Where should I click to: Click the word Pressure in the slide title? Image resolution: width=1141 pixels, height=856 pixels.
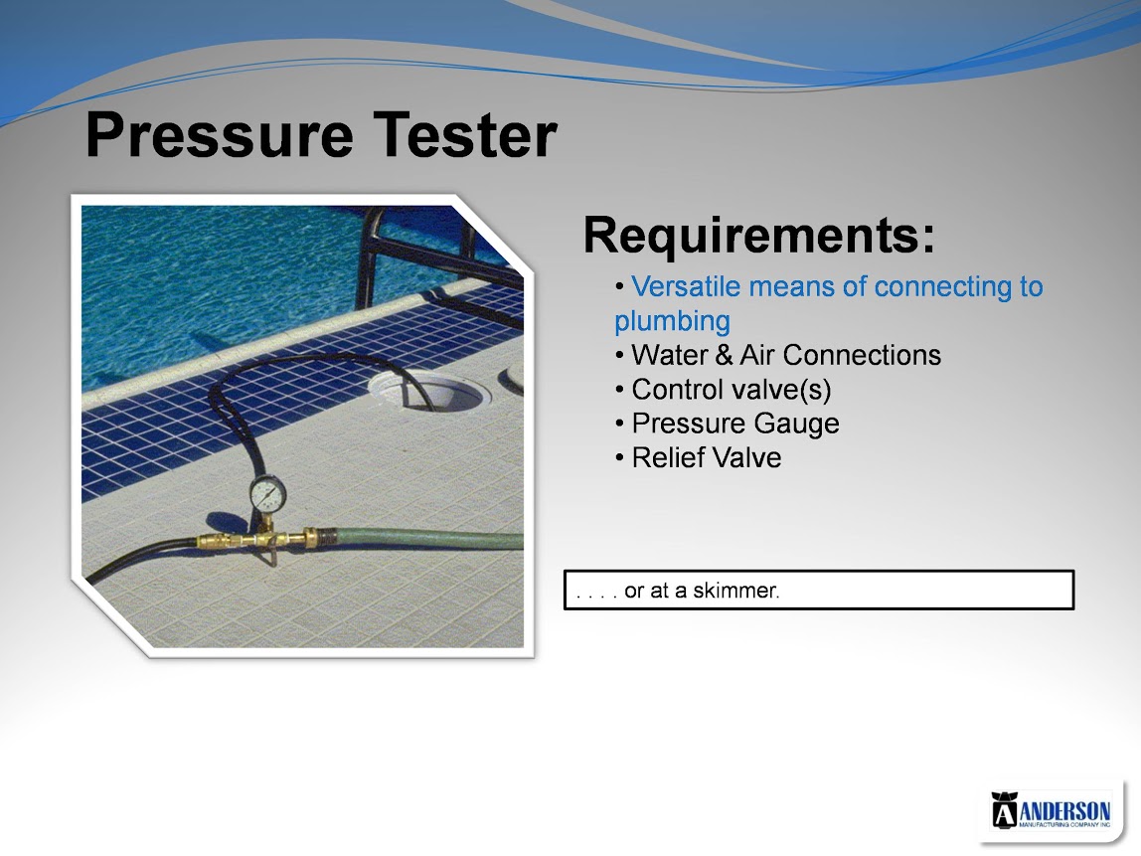click(x=220, y=135)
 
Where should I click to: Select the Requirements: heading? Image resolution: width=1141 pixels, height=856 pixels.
click(x=759, y=235)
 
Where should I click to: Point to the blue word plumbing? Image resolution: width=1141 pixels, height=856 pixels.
click(x=672, y=322)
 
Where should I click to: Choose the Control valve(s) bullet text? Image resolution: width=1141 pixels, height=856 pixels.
click(x=732, y=390)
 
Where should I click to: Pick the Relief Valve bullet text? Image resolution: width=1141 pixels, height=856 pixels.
click(x=707, y=458)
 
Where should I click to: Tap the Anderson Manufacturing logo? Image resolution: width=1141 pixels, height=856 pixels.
click(x=1051, y=811)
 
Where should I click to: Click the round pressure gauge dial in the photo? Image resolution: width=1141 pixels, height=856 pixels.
click(x=268, y=494)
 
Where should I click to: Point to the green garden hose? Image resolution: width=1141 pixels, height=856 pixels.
click(x=429, y=539)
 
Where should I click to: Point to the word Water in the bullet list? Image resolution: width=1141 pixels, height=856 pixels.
click(x=670, y=355)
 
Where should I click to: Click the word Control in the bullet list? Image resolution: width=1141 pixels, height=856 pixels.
click(x=675, y=390)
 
